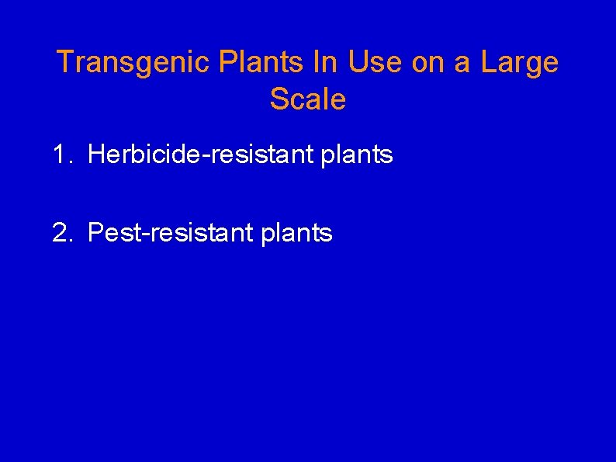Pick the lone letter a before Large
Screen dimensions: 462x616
pos(462,63)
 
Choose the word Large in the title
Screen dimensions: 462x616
pos(520,63)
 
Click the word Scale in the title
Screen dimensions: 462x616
pos(308,99)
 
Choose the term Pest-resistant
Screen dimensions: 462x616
pos(171,232)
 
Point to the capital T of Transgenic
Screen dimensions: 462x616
pos(65,63)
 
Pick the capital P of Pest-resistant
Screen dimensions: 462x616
pos(96,232)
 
